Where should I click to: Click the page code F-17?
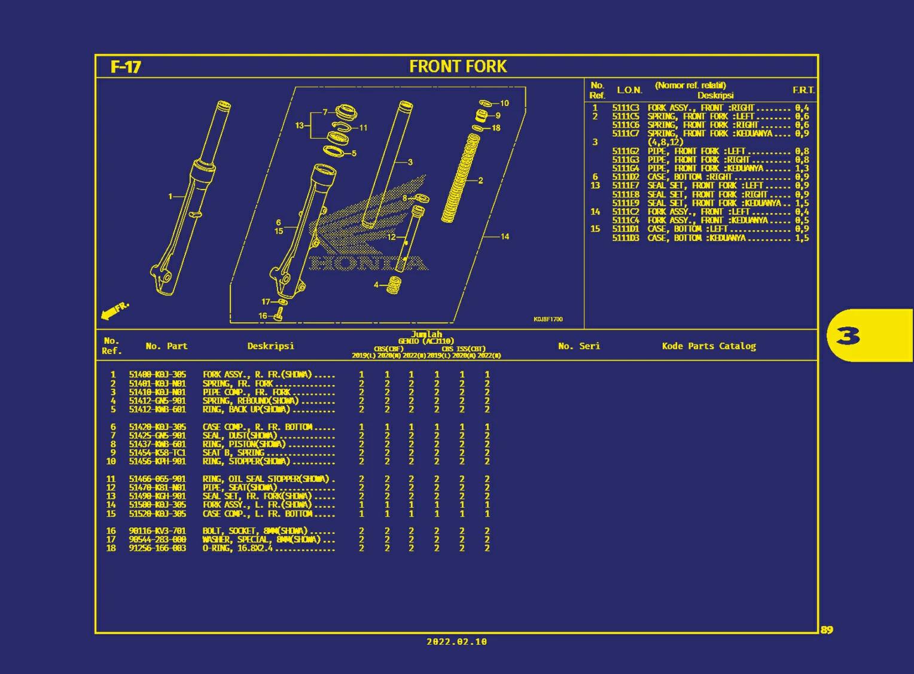(x=126, y=66)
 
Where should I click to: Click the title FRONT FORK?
(x=458, y=66)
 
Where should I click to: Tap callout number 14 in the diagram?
(x=505, y=236)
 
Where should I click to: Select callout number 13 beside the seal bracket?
(x=299, y=126)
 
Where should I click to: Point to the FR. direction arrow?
(x=114, y=310)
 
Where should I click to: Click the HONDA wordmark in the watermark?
(x=368, y=263)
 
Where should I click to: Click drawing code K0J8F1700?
(x=548, y=319)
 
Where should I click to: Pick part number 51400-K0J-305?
(x=157, y=374)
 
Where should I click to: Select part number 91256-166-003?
(x=157, y=548)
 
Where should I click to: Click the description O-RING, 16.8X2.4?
(x=237, y=548)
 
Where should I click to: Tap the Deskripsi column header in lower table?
(x=270, y=346)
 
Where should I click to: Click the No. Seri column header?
(x=578, y=346)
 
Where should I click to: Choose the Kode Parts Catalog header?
(x=709, y=346)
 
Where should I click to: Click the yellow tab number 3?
(x=848, y=336)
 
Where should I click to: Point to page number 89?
(x=827, y=630)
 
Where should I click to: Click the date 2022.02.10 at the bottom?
(x=456, y=642)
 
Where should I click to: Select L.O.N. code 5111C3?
(x=625, y=108)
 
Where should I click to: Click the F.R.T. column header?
(x=803, y=90)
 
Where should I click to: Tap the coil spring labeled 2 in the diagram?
(x=461, y=178)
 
